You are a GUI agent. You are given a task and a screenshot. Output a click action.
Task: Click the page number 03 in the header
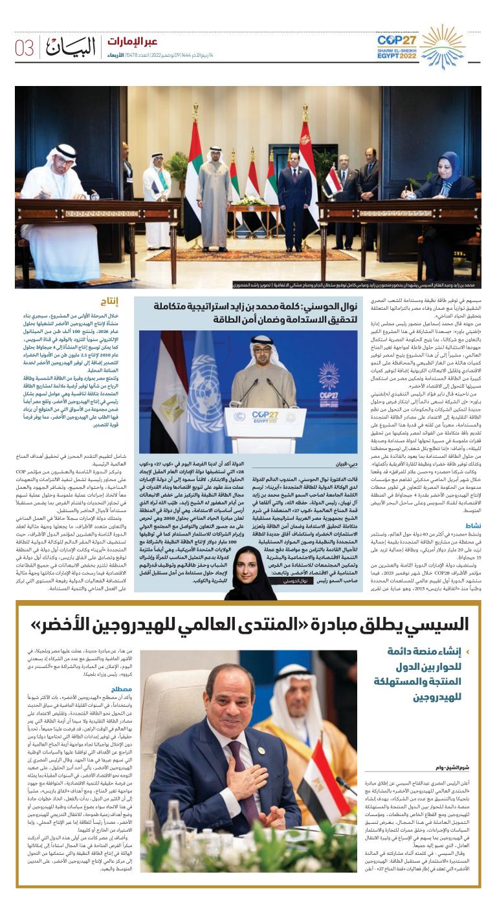(25, 48)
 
